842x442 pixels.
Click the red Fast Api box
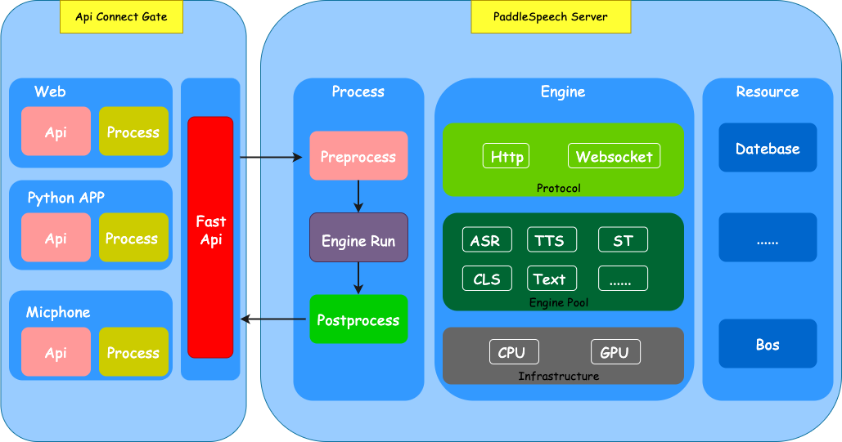pyautogui.click(x=210, y=237)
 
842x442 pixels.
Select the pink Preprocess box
pyautogui.click(x=358, y=156)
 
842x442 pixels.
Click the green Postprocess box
pyautogui.click(x=358, y=319)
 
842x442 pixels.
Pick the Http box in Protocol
pyautogui.click(x=507, y=156)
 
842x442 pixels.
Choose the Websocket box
pyautogui.click(x=614, y=156)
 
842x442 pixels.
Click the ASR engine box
pyautogui.click(x=486, y=240)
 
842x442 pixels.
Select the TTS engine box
pyautogui.click(x=551, y=240)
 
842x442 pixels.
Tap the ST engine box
pyautogui.click(x=623, y=240)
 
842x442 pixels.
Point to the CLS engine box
pyautogui.click(x=486, y=279)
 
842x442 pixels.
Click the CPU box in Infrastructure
pyautogui.click(x=514, y=352)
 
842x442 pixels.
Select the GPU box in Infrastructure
pyautogui.click(x=615, y=352)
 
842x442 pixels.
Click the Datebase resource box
pyautogui.click(x=768, y=148)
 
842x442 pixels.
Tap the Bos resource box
pyautogui.click(x=768, y=344)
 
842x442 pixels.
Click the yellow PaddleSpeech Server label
pyautogui.click(x=551, y=17)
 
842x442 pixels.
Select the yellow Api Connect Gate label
pyautogui.click(x=121, y=17)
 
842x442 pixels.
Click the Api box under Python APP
pyautogui.click(x=56, y=238)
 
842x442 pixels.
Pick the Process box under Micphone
pyautogui.click(x=133, y=352)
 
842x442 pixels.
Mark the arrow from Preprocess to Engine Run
pyautogui.click(x=358, y=196)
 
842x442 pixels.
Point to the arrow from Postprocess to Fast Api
pyautogui.click(x=274, y=319)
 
